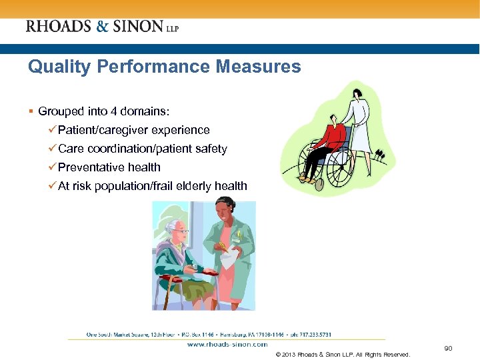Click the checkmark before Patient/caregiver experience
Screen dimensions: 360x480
point(53,130)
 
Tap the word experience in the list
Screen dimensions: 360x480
point(181,130)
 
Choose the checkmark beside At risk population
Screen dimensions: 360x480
point(53,186)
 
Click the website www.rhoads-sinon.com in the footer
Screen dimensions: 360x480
point(227,345)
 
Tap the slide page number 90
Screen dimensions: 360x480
point(448,349)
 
